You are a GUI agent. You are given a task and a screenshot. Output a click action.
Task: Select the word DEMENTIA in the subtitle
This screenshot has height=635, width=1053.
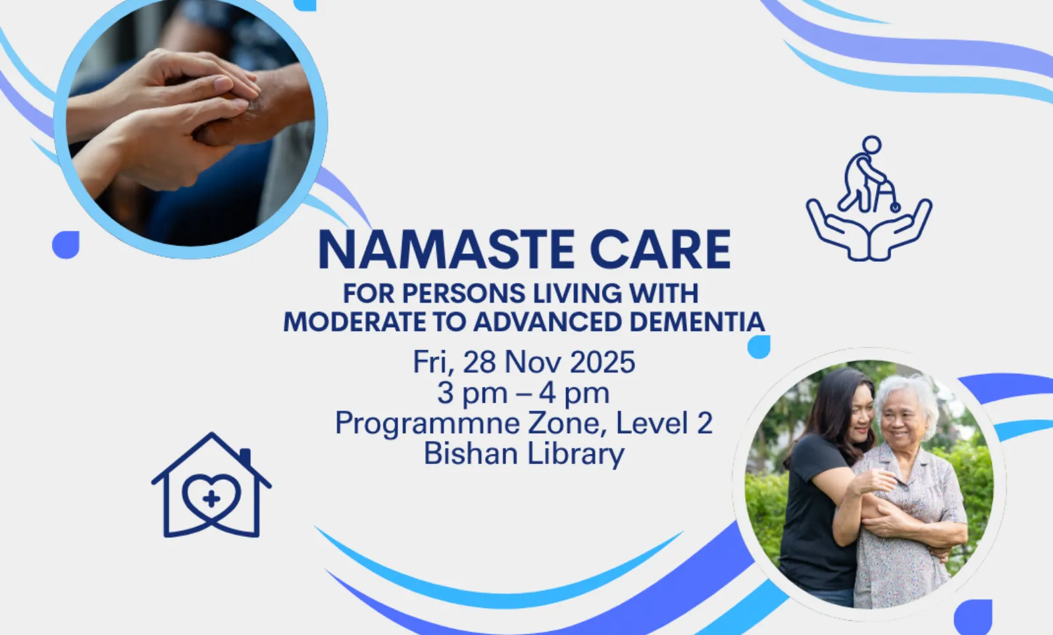pyautogui.click(x=697, y=322)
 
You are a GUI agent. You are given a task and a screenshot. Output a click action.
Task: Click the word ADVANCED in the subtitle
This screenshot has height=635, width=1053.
pyautogui.click(x=548, y=322)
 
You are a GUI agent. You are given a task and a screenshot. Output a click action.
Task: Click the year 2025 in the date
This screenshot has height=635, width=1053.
pyautogui.click(x=603, y=362)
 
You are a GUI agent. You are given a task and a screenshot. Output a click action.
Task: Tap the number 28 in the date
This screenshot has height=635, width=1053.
pyautogui.click(x=480, y=362)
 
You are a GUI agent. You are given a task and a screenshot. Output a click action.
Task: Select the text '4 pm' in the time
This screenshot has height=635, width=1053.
pyautogui.click(x=574, y=394)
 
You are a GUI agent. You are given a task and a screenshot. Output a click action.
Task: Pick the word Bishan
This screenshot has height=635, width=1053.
pyautogui.click(x=471, y=453)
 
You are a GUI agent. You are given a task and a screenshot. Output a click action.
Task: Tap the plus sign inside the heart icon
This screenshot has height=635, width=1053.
pyautogui.click(x=211, y=499)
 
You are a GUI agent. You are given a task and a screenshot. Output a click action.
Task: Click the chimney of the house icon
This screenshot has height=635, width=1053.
pyautogui.click(x=245, y=457)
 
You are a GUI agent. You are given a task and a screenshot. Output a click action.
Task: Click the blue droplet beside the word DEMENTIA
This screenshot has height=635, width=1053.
pyautogui.click(x=759, y=347)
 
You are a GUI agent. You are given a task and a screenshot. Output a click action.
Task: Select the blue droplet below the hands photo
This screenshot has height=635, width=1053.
pyautogui.click(x=65, y=244)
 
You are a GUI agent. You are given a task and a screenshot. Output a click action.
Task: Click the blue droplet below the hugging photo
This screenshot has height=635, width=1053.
pyautogui.click(x=973, y=617)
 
